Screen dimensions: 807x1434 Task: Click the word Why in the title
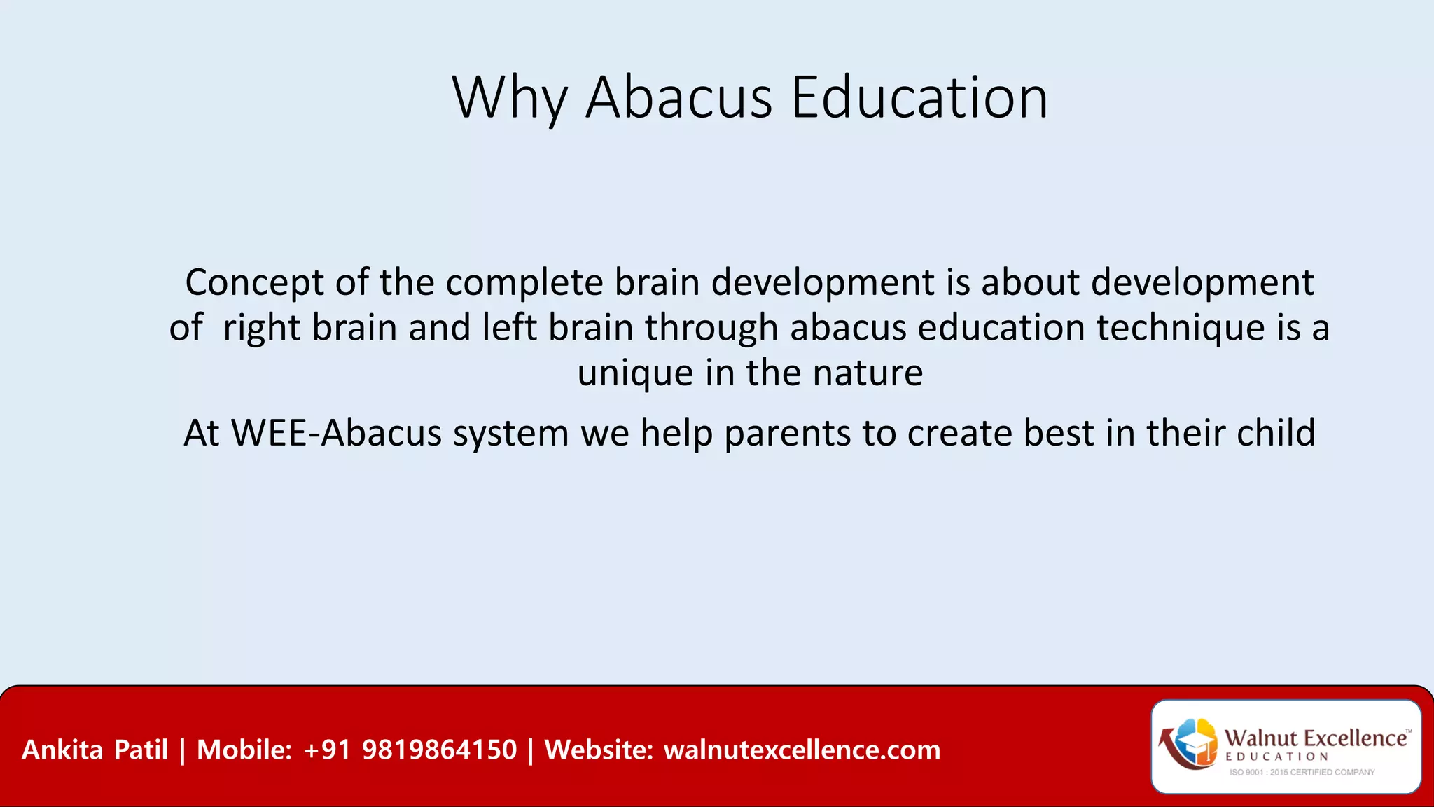tap(509, 98)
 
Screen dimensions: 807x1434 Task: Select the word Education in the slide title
tap(919, 98)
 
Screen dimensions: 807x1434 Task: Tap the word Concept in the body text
tap(254, 283)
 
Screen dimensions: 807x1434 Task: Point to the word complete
tap(524, 283)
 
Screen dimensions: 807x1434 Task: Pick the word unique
tap(635, 373)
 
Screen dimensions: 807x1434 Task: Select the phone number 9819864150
tap(439, 750)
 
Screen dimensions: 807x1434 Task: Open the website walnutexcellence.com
tap(802, 750)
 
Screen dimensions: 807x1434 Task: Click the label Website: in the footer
tap(599, 750)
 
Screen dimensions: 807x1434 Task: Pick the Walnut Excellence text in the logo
tap(1316, 738)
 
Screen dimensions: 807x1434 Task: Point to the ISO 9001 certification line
tap(1302, 773)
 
